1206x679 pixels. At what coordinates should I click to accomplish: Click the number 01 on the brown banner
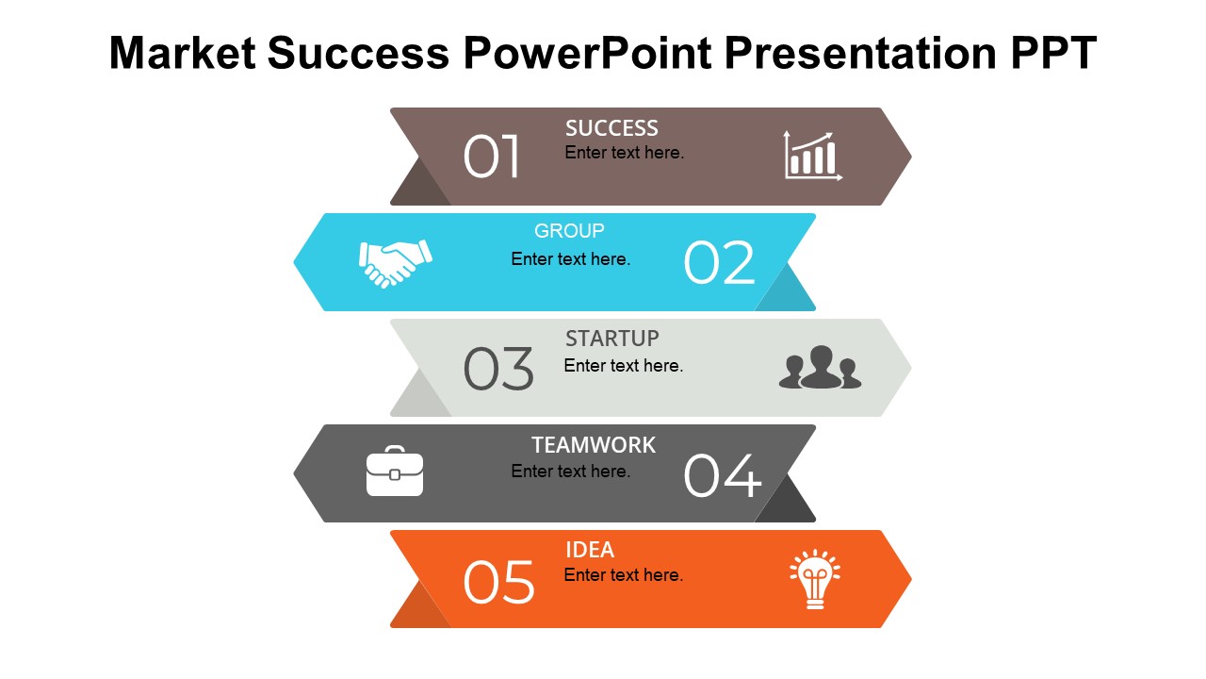[x=491, y=157]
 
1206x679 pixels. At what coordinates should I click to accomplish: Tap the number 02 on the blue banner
[x=719, y=262]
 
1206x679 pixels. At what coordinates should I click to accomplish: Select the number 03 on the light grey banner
[x=498, y=368]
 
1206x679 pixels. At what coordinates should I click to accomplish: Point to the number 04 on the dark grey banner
[x=723, y=474]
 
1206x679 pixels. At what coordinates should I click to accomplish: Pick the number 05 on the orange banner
[x=499, y=582]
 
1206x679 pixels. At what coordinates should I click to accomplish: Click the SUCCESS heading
[x=611, y=128]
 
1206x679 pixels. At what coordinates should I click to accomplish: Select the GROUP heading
[x=569, y=231]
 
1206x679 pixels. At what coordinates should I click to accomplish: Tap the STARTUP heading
[x=612, y=339]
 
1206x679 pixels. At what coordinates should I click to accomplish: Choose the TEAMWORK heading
[x=594, y=445]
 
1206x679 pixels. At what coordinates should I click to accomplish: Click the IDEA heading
[x=590, y=550]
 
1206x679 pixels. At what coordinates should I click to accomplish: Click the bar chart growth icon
[x=813, y=156]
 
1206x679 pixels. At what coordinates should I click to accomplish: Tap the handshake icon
[x=395, y=263]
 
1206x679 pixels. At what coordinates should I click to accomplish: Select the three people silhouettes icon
[x=820, y=367]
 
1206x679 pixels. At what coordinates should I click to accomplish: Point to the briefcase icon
[x=395, y=471]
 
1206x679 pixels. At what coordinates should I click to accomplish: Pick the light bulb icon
[x=815, y=579]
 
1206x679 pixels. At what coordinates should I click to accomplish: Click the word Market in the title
[x=183, y=53]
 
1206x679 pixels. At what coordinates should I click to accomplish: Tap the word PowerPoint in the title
[x=588, y=53]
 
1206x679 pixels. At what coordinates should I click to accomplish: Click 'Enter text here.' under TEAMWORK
[x=571, y=472]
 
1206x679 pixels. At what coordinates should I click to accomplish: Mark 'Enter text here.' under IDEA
[x=624, y=575]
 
